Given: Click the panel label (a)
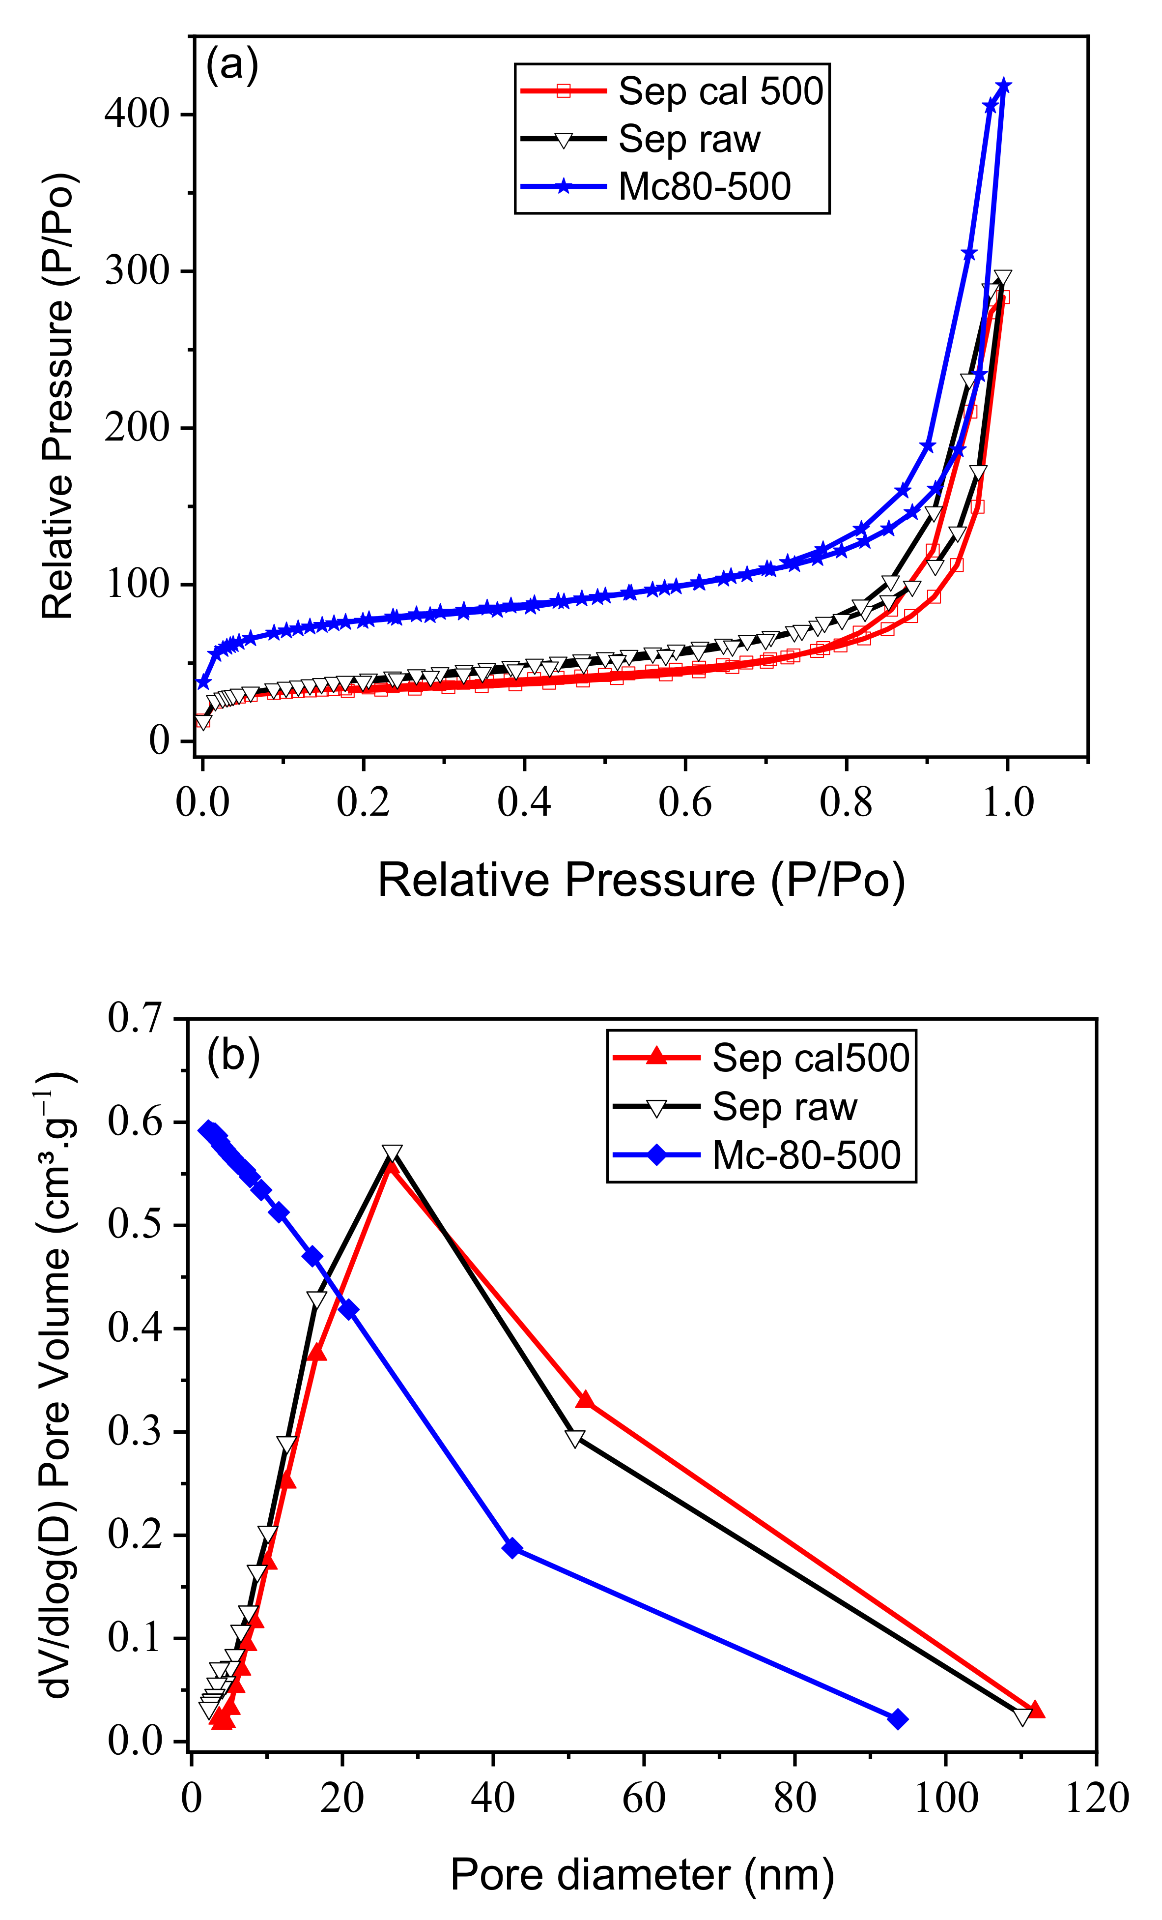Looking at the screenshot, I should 232,65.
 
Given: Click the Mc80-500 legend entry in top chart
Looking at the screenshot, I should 704,186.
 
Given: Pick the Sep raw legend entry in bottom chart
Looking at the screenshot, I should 784,1106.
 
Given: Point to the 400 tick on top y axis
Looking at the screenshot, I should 137,115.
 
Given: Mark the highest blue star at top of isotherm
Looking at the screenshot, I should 1004,85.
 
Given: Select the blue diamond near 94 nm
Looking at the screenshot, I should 898,1719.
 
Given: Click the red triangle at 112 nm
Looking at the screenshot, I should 1036,1710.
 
